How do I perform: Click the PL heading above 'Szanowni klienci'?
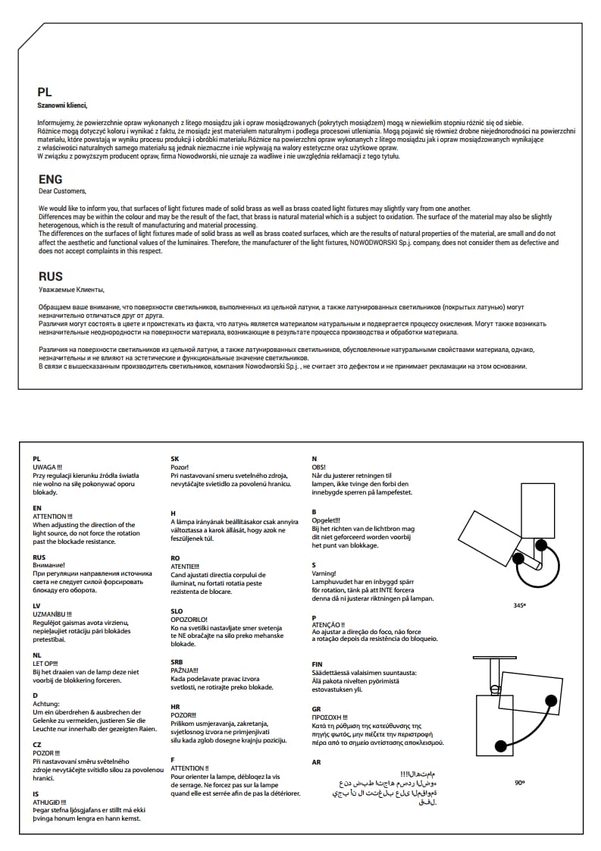(x=45, y=91)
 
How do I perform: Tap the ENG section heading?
(x=50, y=180)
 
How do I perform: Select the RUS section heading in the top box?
(x=50, y=277)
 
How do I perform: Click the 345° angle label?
(x=519, y=606)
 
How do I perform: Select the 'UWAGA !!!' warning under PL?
(x=48, y=466)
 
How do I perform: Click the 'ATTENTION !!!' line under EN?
(x=51, y=516)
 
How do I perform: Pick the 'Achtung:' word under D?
(x=46, y=704)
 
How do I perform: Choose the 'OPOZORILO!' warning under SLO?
(x=189, y=619)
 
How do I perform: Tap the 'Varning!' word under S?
(x=324, y=574)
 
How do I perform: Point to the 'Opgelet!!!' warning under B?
(x=327, y=520)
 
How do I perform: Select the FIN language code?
(x=317, y=664)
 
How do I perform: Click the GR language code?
(x=316, y=708)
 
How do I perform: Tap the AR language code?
(x=316, y=762)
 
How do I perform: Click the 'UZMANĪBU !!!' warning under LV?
(x=52, y=614)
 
